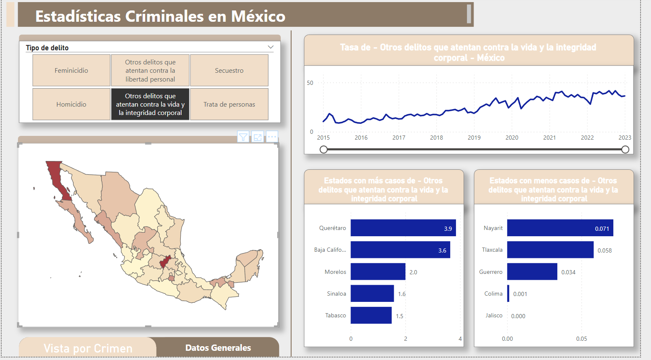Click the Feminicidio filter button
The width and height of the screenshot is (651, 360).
click(72, 70)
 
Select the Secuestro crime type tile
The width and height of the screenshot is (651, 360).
click(229, 70)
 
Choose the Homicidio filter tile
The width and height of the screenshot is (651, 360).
click(72, 104)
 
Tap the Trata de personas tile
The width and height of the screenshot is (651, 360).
click(229, 104)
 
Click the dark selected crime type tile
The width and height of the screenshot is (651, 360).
click(150, 104)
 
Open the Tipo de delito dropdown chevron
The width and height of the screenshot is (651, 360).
click(271, 47)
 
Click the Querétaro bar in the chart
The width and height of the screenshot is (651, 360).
click(403, 228)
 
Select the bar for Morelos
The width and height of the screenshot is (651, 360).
click(378, 271)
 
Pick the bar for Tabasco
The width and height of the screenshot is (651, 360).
click(371, 315)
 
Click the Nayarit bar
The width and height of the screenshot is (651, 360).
click(560, 228)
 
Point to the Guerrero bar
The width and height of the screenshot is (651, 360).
click(532, 271)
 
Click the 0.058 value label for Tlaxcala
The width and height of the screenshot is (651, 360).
click(605, 250)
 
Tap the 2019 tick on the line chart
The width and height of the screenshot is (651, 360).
click(474, 138)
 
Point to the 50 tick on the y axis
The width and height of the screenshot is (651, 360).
click(310, 83)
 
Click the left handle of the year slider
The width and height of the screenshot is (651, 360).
click(323, 149)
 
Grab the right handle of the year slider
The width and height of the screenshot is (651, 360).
click(625, 149)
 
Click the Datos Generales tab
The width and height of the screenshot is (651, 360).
click(218, 348)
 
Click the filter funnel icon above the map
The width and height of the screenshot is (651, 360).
click(243, 137)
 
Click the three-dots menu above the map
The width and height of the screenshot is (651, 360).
click(272, 137)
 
